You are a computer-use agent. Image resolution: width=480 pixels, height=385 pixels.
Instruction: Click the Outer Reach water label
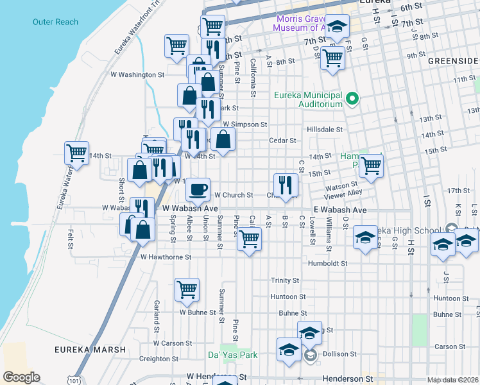pyautogui.click(x=55, y=22)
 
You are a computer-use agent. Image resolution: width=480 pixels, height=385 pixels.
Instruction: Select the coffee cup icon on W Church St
pyautogui.click(x=198, y=189)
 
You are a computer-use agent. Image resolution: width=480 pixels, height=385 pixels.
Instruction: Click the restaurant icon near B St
pyautogui.click(x=286, y=185)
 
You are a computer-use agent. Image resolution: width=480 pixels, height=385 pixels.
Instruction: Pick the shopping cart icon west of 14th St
pyautogui.click(x=76, y=153)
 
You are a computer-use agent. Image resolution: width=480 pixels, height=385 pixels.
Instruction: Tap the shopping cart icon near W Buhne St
pyautogui.click(x=187, y=289)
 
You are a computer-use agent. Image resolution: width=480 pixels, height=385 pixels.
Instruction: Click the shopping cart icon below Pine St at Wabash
pyautogui.click(x=249, y=239)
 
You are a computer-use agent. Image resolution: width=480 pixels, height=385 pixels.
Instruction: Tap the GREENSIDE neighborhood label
pyautogui.click(x=454, y=60)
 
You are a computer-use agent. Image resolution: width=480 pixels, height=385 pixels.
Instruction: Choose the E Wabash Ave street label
pyautogui.click(x=340, y=210)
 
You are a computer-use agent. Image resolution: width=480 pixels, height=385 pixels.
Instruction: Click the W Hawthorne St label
pyautogui.click(x=166, y=257)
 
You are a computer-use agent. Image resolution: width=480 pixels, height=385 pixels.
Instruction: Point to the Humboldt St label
pyautogui.click(x=327, y=263)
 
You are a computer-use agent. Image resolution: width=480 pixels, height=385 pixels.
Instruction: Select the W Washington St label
pyautogui.click(x=137, y=74)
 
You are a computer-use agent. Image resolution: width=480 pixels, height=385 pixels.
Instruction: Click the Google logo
pyautogui.click(x=21, y=377)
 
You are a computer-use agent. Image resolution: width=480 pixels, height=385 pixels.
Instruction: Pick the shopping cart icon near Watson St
pyautogui.click(x=372, y=165)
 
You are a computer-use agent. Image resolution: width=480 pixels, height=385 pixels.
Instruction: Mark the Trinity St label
pyautogui.click(x=285, y=280)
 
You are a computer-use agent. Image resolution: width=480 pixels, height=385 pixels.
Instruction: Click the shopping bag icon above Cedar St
pyautogui.click(x=223, y=139)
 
